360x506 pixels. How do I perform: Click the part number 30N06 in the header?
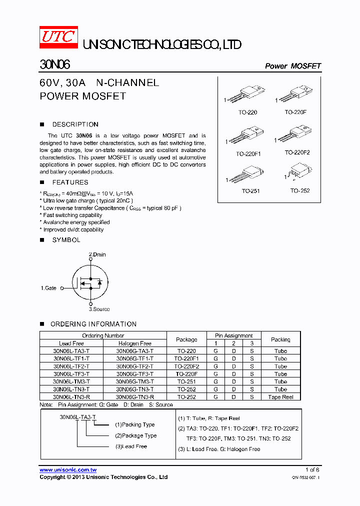coord(55,65)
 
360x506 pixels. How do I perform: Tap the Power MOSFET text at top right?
coord(292,66)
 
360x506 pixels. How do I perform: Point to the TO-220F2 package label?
coord(297,152)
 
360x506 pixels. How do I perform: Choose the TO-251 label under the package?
coord(250,191)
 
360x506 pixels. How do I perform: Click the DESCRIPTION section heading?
coord(75,124)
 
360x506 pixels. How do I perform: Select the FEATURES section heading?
coord(70,182)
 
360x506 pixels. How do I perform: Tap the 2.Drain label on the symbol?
coord(97,254)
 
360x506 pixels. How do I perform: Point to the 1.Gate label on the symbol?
coord(48,288)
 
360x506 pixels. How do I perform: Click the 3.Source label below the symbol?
coord(99,309)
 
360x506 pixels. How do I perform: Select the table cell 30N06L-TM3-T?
coord(71,381)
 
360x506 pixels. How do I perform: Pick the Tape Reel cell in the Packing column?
coord(280,397)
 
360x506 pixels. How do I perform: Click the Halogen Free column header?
coord(134,343)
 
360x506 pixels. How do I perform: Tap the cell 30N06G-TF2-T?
coord(134,366)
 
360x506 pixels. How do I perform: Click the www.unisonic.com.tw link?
coord(68,470)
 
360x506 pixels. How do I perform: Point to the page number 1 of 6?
coord(312,470)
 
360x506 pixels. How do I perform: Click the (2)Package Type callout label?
coord(135,435)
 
